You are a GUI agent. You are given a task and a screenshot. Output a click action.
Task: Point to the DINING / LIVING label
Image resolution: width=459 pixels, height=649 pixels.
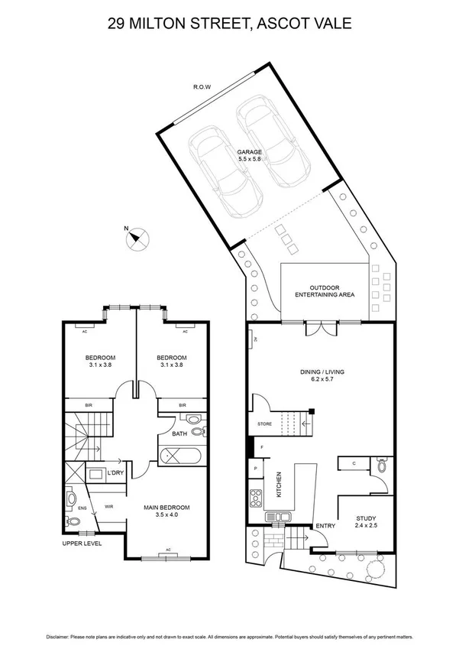click(x=322, y=372)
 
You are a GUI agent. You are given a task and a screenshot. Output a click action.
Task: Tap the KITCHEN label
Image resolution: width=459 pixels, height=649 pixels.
click(x=280, y=485)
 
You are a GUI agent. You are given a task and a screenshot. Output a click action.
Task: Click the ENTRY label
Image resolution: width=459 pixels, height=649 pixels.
click(x=325, y=526)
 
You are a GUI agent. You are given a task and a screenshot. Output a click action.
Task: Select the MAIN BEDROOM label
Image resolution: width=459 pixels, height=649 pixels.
click(x=166, y=507)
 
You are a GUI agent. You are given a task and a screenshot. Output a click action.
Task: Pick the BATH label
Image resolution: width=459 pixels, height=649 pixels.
click(x=179, y=435)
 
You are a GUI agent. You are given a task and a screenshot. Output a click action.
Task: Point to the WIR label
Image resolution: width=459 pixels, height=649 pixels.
click(x=108, y=505)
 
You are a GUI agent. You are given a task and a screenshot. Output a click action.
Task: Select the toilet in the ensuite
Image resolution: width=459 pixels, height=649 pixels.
click(x=73, y=521)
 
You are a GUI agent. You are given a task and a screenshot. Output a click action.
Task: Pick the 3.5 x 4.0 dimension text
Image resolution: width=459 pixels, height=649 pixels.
click(x=166, y=516)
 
